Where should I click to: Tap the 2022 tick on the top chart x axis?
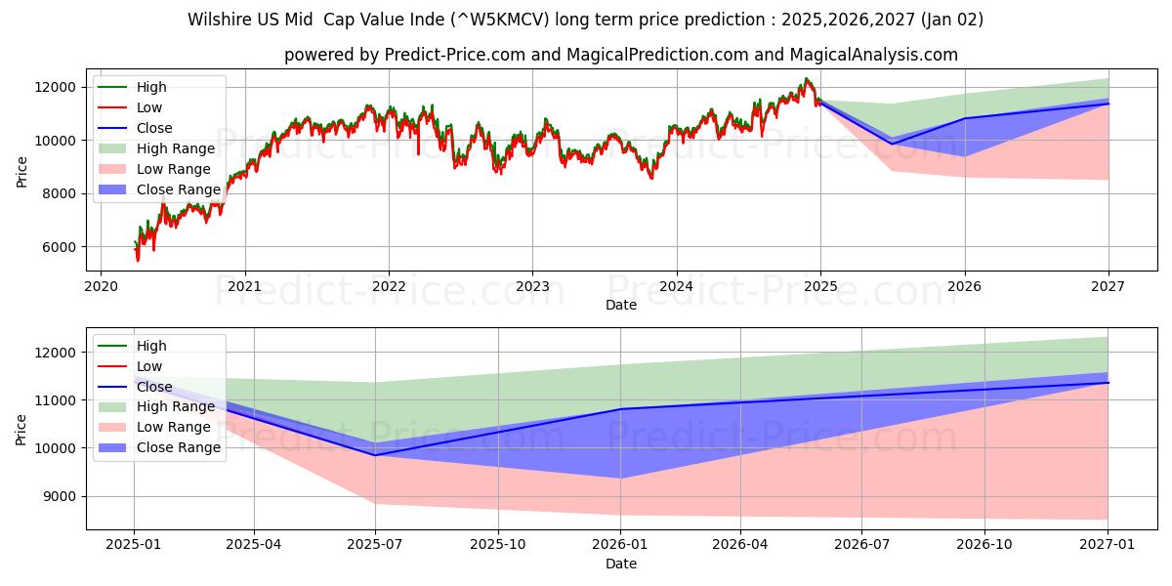[389, 286]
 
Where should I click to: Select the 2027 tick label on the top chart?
[1109, 286]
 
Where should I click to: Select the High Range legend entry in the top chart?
[177, 148]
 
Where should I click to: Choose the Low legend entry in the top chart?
[149, 107]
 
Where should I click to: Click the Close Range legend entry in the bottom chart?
[179, 448]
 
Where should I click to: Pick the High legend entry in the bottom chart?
[151, 346]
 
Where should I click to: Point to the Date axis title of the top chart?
[620, 305]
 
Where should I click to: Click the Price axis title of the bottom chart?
[21, 428]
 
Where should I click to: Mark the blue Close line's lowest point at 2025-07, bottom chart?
[375, 455]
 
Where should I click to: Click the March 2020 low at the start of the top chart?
[138, 261]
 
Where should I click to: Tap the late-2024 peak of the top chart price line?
[806, 79]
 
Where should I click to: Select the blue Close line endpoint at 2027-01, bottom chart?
[1109, 382]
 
